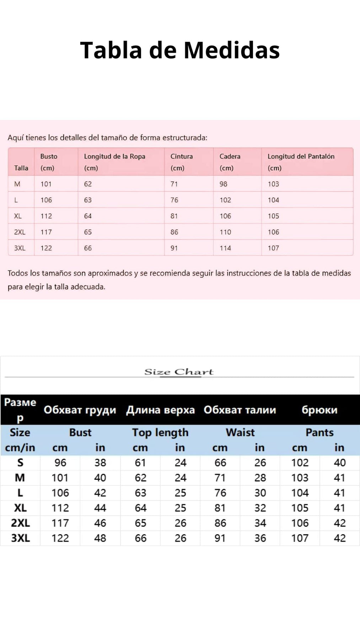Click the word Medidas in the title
[232, 50]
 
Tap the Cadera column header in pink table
[230, 156]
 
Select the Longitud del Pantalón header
[301, 156]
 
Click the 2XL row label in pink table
[20, 232]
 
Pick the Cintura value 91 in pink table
[174, 248]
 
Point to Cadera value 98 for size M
[223, 184]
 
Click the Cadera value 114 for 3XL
[225, 248]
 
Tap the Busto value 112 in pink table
[46, 216]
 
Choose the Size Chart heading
[179, 372]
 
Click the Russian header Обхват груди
[80, 410]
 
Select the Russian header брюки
[319, 410]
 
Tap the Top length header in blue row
[160, 432]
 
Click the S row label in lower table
[20, 463]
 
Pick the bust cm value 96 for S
[60, 463]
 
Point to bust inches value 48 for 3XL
[100, 538]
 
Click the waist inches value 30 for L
[260, 493]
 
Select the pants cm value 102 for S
[300, 463]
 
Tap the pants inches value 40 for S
[340, 463]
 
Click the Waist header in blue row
[240, 432]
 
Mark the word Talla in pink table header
[21, 168]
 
